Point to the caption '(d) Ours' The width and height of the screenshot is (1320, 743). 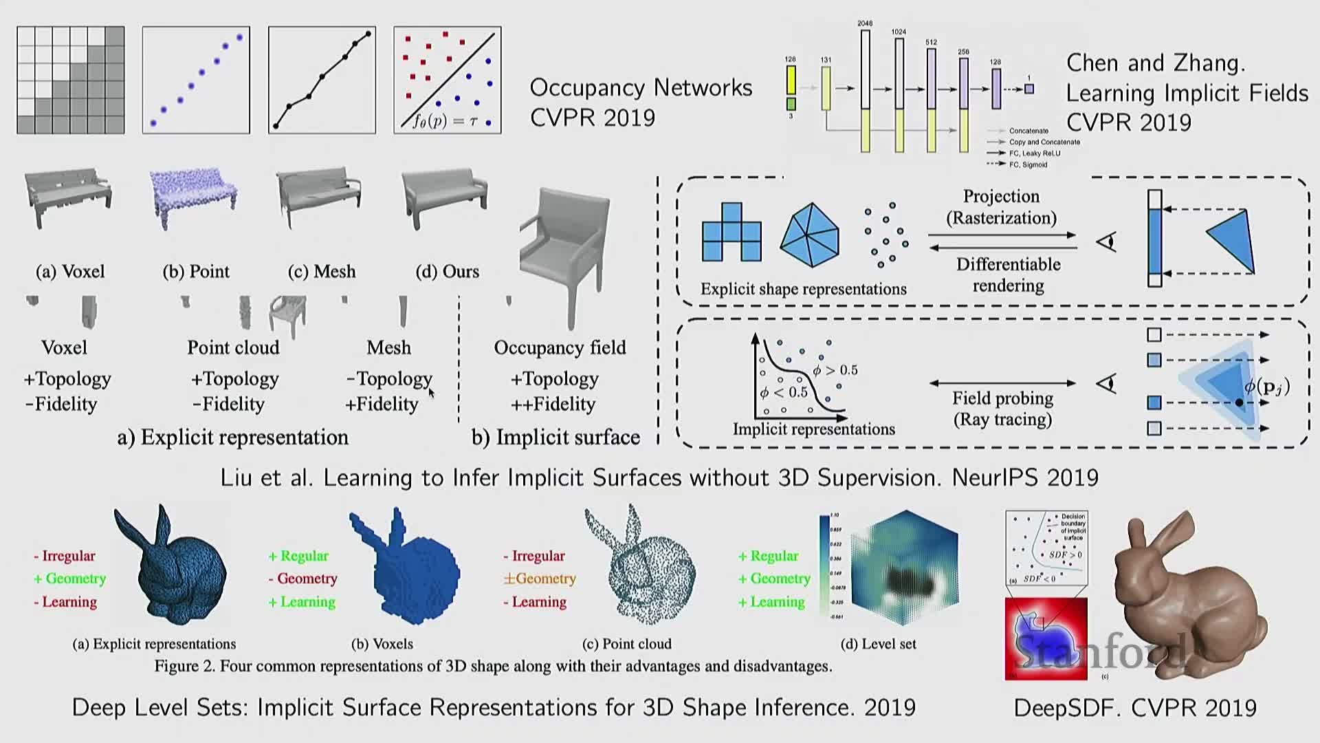(x=447, y=271)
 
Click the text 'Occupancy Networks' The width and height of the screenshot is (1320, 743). (x=641, y=87)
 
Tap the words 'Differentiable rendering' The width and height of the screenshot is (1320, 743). (x=1008, y=274)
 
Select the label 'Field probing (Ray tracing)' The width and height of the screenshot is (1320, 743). (x=1002, y=409)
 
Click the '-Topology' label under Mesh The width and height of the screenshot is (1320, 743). (x=390, y=378)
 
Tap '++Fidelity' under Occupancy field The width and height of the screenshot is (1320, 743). (x=553, y=404)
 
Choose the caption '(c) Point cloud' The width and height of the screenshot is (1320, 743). (x=626, y=644)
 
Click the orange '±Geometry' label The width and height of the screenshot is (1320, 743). (x=540, y=579)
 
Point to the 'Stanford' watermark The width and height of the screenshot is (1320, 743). (x=1100, y=650)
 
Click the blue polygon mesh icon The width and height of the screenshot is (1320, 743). (x=810, y=235)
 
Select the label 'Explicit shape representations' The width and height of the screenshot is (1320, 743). (x=803, y=289)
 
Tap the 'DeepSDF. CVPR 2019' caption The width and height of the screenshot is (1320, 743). (x=1135, y=708)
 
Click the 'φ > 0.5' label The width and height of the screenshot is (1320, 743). (x=835, y=370)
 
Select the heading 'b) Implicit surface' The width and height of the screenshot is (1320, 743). (x=555, y=438)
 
